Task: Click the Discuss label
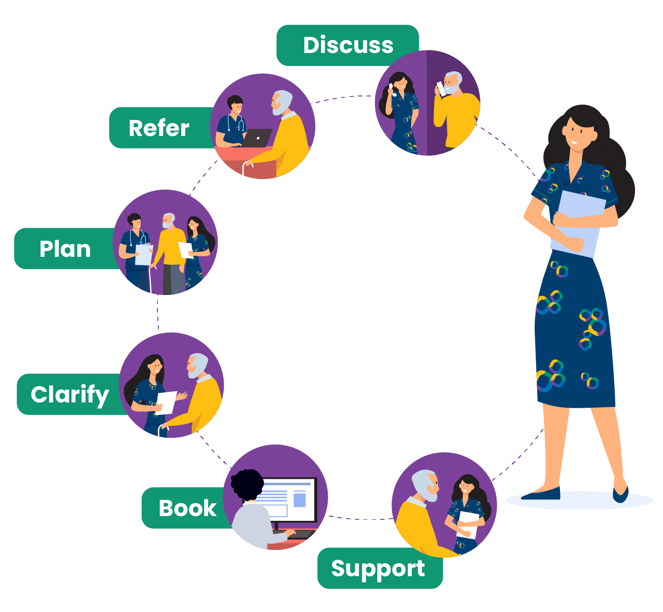(x=348, y=45)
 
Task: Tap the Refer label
(x=159, y=128)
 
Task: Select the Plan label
(x=65, y=249)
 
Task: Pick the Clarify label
(x=70, y=394)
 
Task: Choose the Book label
(x=187, y=508)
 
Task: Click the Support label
(x=378, y=569)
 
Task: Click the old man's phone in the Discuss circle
(x=442, y=89)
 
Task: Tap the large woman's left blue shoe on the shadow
(x=541, y=495)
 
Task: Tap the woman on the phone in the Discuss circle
(x=401, y=112)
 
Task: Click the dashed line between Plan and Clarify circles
(x=158, y=313)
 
